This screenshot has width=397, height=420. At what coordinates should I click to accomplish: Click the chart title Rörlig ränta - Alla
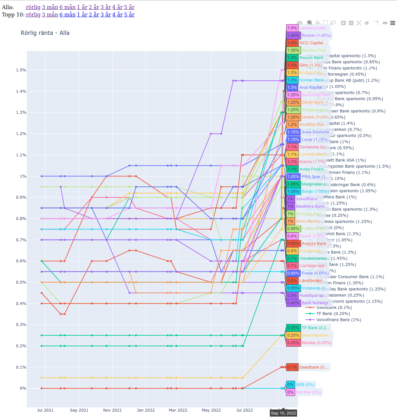click(45, 33)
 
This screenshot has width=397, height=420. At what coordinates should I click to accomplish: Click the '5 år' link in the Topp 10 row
click(129, 15)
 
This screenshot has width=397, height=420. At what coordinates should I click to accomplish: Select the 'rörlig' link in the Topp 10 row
click(33, 15)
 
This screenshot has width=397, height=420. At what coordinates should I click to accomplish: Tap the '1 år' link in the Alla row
click(82, 7)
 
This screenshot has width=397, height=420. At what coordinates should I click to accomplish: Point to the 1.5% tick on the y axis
click(21, 70)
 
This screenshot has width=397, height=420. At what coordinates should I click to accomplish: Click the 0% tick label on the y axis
click(23, 388)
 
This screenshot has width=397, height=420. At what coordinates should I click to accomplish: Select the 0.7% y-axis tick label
click(21, 240)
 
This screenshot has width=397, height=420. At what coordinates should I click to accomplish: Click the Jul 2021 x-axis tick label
click(45, 410)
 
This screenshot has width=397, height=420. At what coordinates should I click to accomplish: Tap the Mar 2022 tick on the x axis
click(178, 410)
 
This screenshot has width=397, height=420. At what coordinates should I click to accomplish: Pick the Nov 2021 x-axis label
click(112, 410)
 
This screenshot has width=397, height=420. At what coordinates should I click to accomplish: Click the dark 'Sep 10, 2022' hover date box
click(283, 413)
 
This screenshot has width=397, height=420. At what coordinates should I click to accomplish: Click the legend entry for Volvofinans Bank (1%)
click(339, 320)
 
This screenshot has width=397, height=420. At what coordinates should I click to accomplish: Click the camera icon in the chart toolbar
click(300, 23)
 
